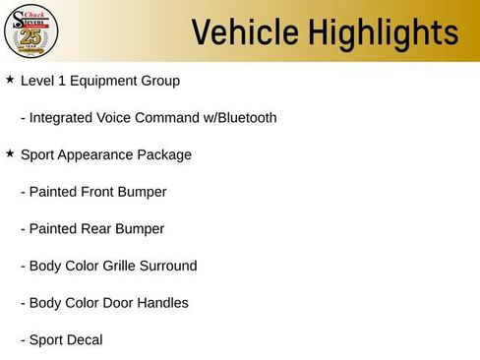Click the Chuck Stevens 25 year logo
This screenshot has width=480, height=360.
coord(31,31)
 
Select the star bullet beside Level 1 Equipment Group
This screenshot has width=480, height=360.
coord(10,79)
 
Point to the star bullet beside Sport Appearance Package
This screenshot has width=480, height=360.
coord(10,153)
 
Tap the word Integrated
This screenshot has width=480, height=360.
coord(61,118)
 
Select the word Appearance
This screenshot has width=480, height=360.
coord(100,155)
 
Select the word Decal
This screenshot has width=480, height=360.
coord(84,340)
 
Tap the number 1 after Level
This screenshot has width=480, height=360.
coord(62,81)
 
